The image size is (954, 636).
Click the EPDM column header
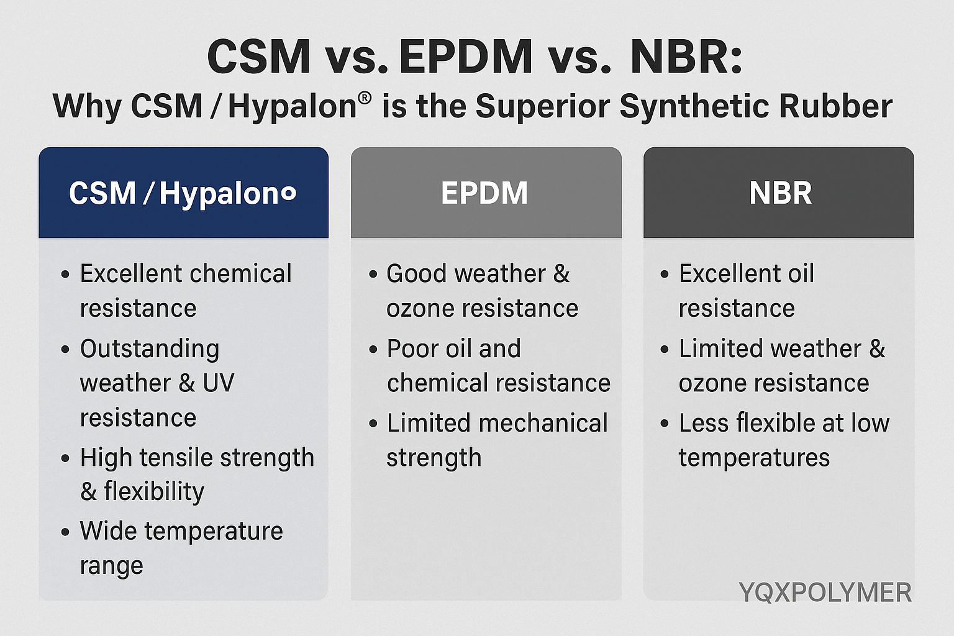pos(484,193)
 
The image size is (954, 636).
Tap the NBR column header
pos(780,193)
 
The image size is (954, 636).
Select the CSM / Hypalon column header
pos(182,194)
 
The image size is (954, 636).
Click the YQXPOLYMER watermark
pos(825,592)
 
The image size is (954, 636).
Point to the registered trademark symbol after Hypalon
pos(365,98)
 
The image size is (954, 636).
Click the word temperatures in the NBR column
pos(754,458)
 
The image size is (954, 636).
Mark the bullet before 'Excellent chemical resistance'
pos(65,275)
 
